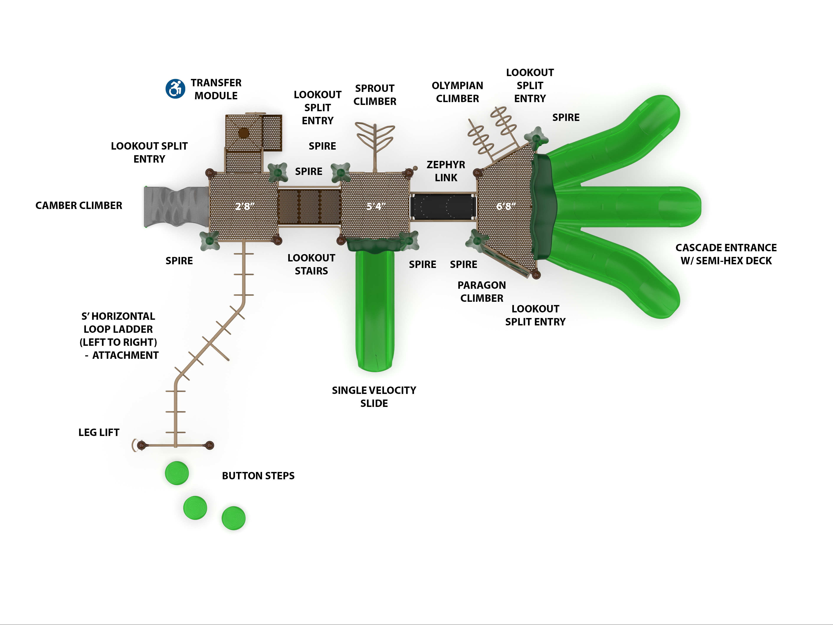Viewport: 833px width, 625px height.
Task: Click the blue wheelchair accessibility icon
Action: (175, 89)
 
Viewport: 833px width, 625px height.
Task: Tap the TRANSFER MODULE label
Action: (216, 89)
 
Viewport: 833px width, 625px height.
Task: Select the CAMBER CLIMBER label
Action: (79, 206)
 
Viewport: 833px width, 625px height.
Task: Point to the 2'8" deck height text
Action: (244, 206)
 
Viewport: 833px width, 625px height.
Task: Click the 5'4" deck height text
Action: (376, 206)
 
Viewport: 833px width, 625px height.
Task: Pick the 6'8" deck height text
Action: (505, 206)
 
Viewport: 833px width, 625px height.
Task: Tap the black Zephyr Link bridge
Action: (443, 206)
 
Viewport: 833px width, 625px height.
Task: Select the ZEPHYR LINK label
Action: (446, 171)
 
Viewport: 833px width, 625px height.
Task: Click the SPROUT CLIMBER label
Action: (375, 95)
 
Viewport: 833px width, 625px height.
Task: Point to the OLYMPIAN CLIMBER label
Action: (457, 92)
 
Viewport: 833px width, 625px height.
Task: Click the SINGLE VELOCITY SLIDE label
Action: (374, 397)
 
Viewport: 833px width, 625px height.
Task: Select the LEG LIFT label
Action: (99, 432)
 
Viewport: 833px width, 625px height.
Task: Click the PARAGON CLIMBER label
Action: (482, 292)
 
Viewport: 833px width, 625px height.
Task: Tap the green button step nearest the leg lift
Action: (177, 473)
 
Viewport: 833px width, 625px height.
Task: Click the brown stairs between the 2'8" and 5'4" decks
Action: (309, 207)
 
